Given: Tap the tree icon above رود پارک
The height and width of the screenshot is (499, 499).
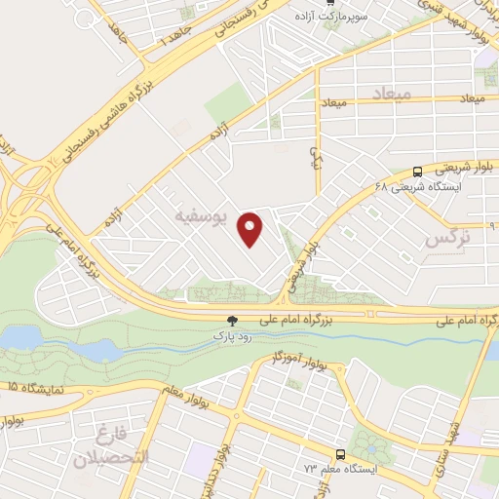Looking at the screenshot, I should tap(232, 320).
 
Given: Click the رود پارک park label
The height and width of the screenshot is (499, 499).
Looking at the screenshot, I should tap(232, 334).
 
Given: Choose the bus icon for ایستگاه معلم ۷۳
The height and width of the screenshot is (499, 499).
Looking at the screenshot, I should tap(340, 454).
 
